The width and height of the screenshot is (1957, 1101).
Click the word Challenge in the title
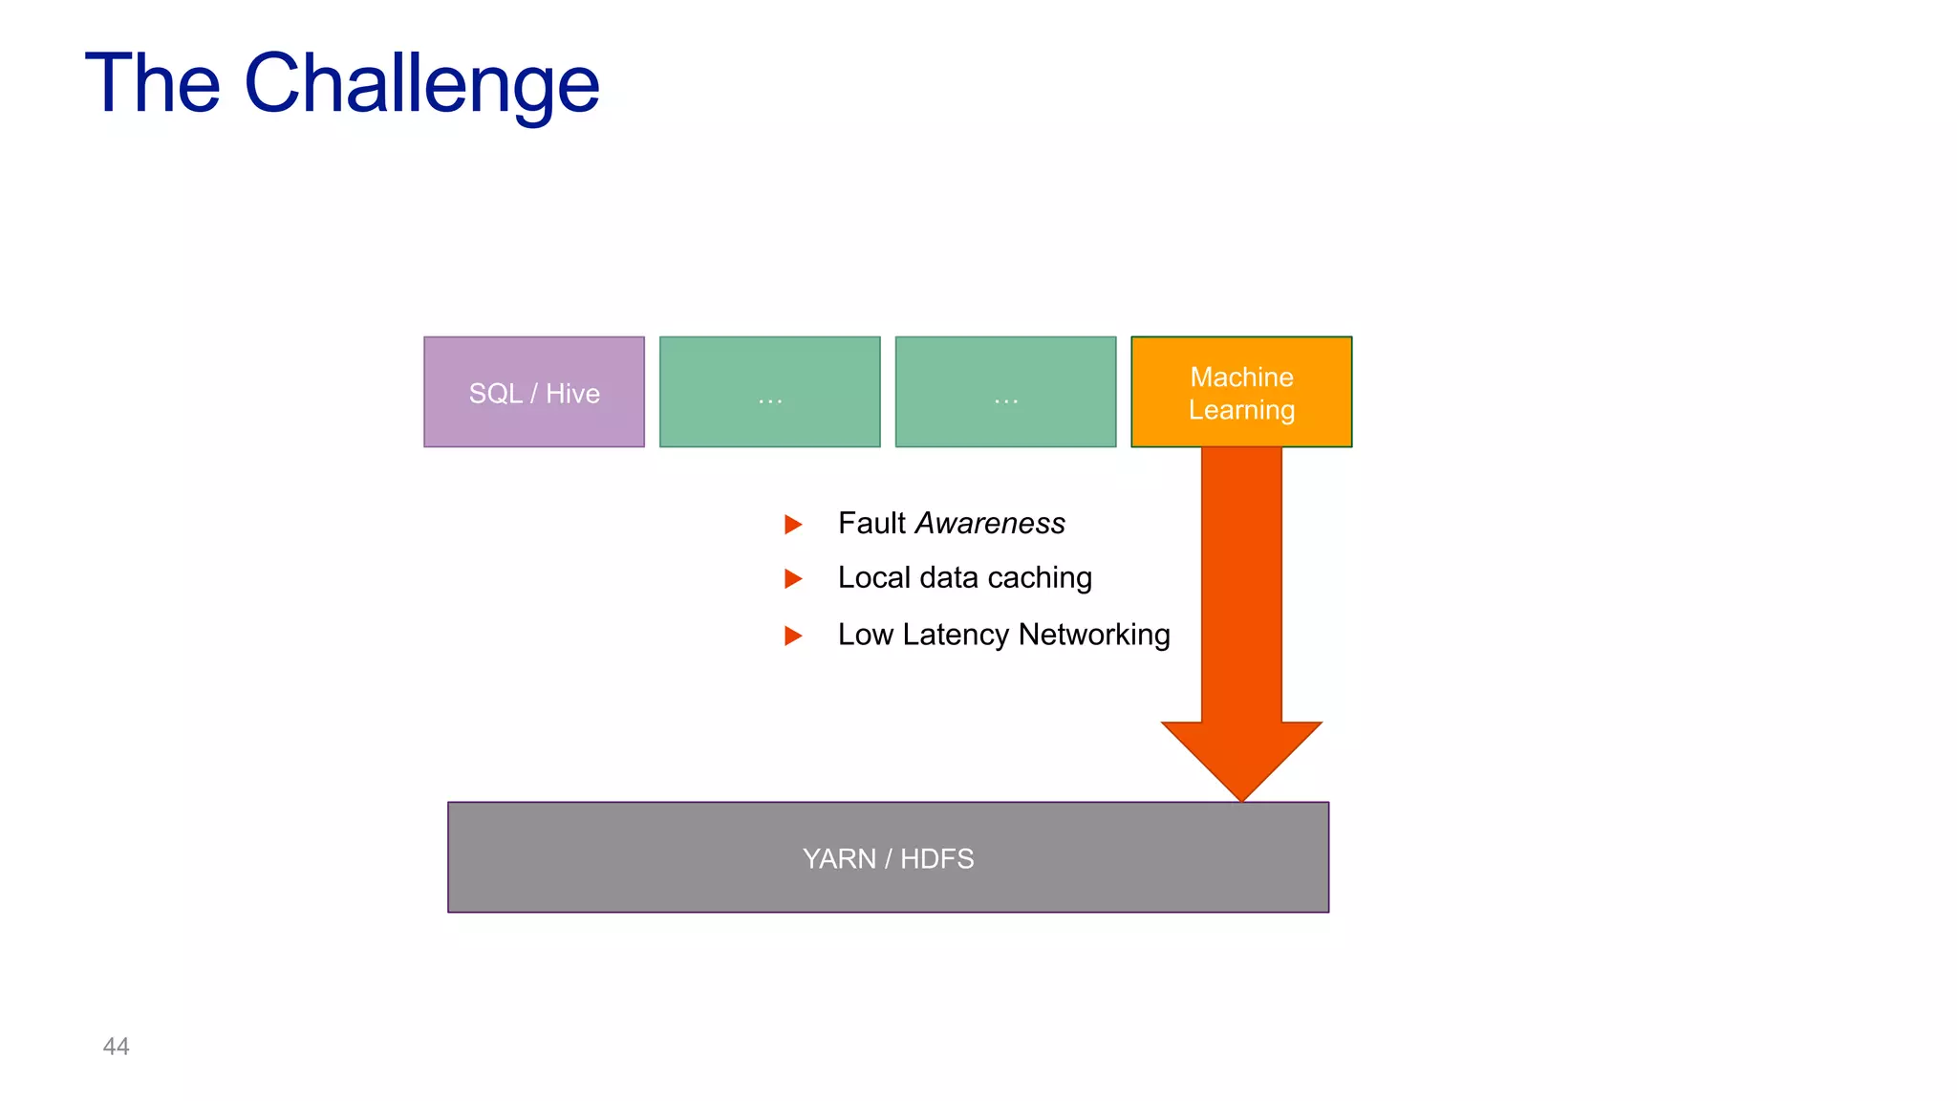pyautogui.click(x=421, y=84)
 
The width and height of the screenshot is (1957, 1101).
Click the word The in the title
pyautogui.click(x=153, y=84)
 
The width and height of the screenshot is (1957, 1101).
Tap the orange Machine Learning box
pyautogui.click(x=1241, y=392)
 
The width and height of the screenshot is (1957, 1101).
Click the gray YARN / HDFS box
pyautogui.click(x=888, y=857)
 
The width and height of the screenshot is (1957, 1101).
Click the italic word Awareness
pyautogui.click(x=989, y=523)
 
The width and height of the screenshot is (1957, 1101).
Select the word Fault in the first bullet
pyautogui.click(x=871, y=523)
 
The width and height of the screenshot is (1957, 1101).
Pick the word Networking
pyautogui.click(x=1094, y=635)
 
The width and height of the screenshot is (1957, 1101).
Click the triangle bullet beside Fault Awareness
pyautogui.click(x=792, y=524)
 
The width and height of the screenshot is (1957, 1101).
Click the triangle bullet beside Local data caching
pyautogui.click(x=792, y=578)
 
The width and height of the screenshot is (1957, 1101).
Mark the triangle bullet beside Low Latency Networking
pyautogui.click(x=792, y=636)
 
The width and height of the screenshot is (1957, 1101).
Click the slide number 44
pyautogui.click(x=116, y=1047)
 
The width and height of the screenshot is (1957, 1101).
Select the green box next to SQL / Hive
pyautogui.click(x=769, y=392)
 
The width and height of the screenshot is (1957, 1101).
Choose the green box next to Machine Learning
pyautogui.click(x=1005, y=392)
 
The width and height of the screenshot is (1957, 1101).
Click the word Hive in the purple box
pyautogui.click(x=572, y=394)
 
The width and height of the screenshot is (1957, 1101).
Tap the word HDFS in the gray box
pyautogui.click(x=936, y=858)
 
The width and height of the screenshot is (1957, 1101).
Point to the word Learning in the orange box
pyautogui.click(x=1241, y=410)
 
